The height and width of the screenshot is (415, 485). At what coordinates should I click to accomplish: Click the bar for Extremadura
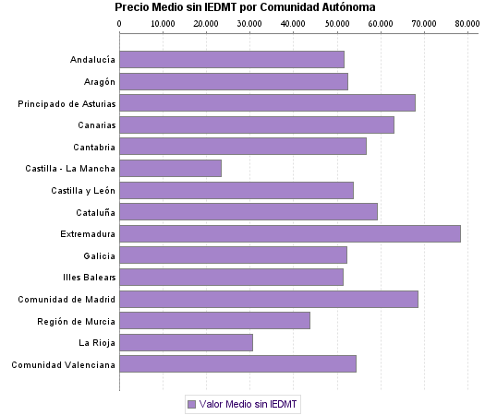[289, 234]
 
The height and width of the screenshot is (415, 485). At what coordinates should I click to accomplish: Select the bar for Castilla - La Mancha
[170, 169]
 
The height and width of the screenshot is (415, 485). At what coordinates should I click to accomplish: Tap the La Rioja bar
[186, 343]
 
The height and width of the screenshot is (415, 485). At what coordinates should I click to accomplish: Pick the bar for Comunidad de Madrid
[268, 300]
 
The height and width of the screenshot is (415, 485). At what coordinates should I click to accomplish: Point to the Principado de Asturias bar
[267, 103]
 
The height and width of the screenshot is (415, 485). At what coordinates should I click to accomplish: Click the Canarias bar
[256, 125]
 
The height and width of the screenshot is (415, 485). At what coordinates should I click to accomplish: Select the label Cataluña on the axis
[95, 212]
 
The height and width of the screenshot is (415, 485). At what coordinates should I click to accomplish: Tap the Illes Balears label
[90, 278]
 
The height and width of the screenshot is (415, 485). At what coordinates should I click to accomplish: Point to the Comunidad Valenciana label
[64, 365]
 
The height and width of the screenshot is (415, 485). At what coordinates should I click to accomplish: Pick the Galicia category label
[99, 255]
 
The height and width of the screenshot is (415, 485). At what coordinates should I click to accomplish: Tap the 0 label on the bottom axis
[119, 385]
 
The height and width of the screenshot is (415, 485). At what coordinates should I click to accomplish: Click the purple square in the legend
[191, 404]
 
